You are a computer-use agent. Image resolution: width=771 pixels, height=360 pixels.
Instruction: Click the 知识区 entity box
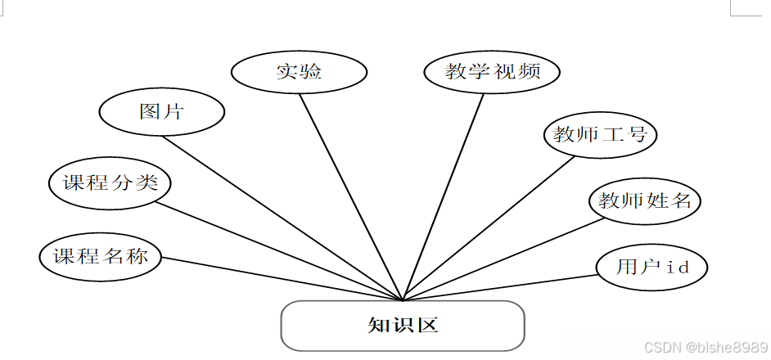[x=402, y=326]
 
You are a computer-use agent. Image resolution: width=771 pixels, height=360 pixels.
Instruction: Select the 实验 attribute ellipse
[x=298, y=72]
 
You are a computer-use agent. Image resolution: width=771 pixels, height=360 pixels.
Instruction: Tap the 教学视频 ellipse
[x=492, y=71]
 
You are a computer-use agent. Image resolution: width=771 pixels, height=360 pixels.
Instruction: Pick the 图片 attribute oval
[x=161, y=112]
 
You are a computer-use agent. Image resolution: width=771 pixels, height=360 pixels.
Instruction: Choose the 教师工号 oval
[x=600, y=134]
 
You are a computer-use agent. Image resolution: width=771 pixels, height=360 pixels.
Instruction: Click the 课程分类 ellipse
[x=110, y=182]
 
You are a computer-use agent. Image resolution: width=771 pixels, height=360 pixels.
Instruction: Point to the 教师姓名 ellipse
[x=645, y=200]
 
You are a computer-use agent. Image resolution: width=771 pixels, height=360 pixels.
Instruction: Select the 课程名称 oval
[x=100, y=256]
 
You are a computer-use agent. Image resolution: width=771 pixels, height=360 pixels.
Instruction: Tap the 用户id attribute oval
[x=651, y=267]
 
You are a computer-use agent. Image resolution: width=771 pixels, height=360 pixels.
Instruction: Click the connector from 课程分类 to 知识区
[x=278, y=250]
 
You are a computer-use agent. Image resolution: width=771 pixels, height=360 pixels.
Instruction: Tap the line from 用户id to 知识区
[x=499, y=287]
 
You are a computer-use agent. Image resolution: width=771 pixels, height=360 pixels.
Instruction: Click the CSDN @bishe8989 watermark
[x=706, y=348]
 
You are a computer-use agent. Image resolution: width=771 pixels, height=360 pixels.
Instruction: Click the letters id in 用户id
[x=675, y=267]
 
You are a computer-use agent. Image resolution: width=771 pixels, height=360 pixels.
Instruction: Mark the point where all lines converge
[x=403, y=300]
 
